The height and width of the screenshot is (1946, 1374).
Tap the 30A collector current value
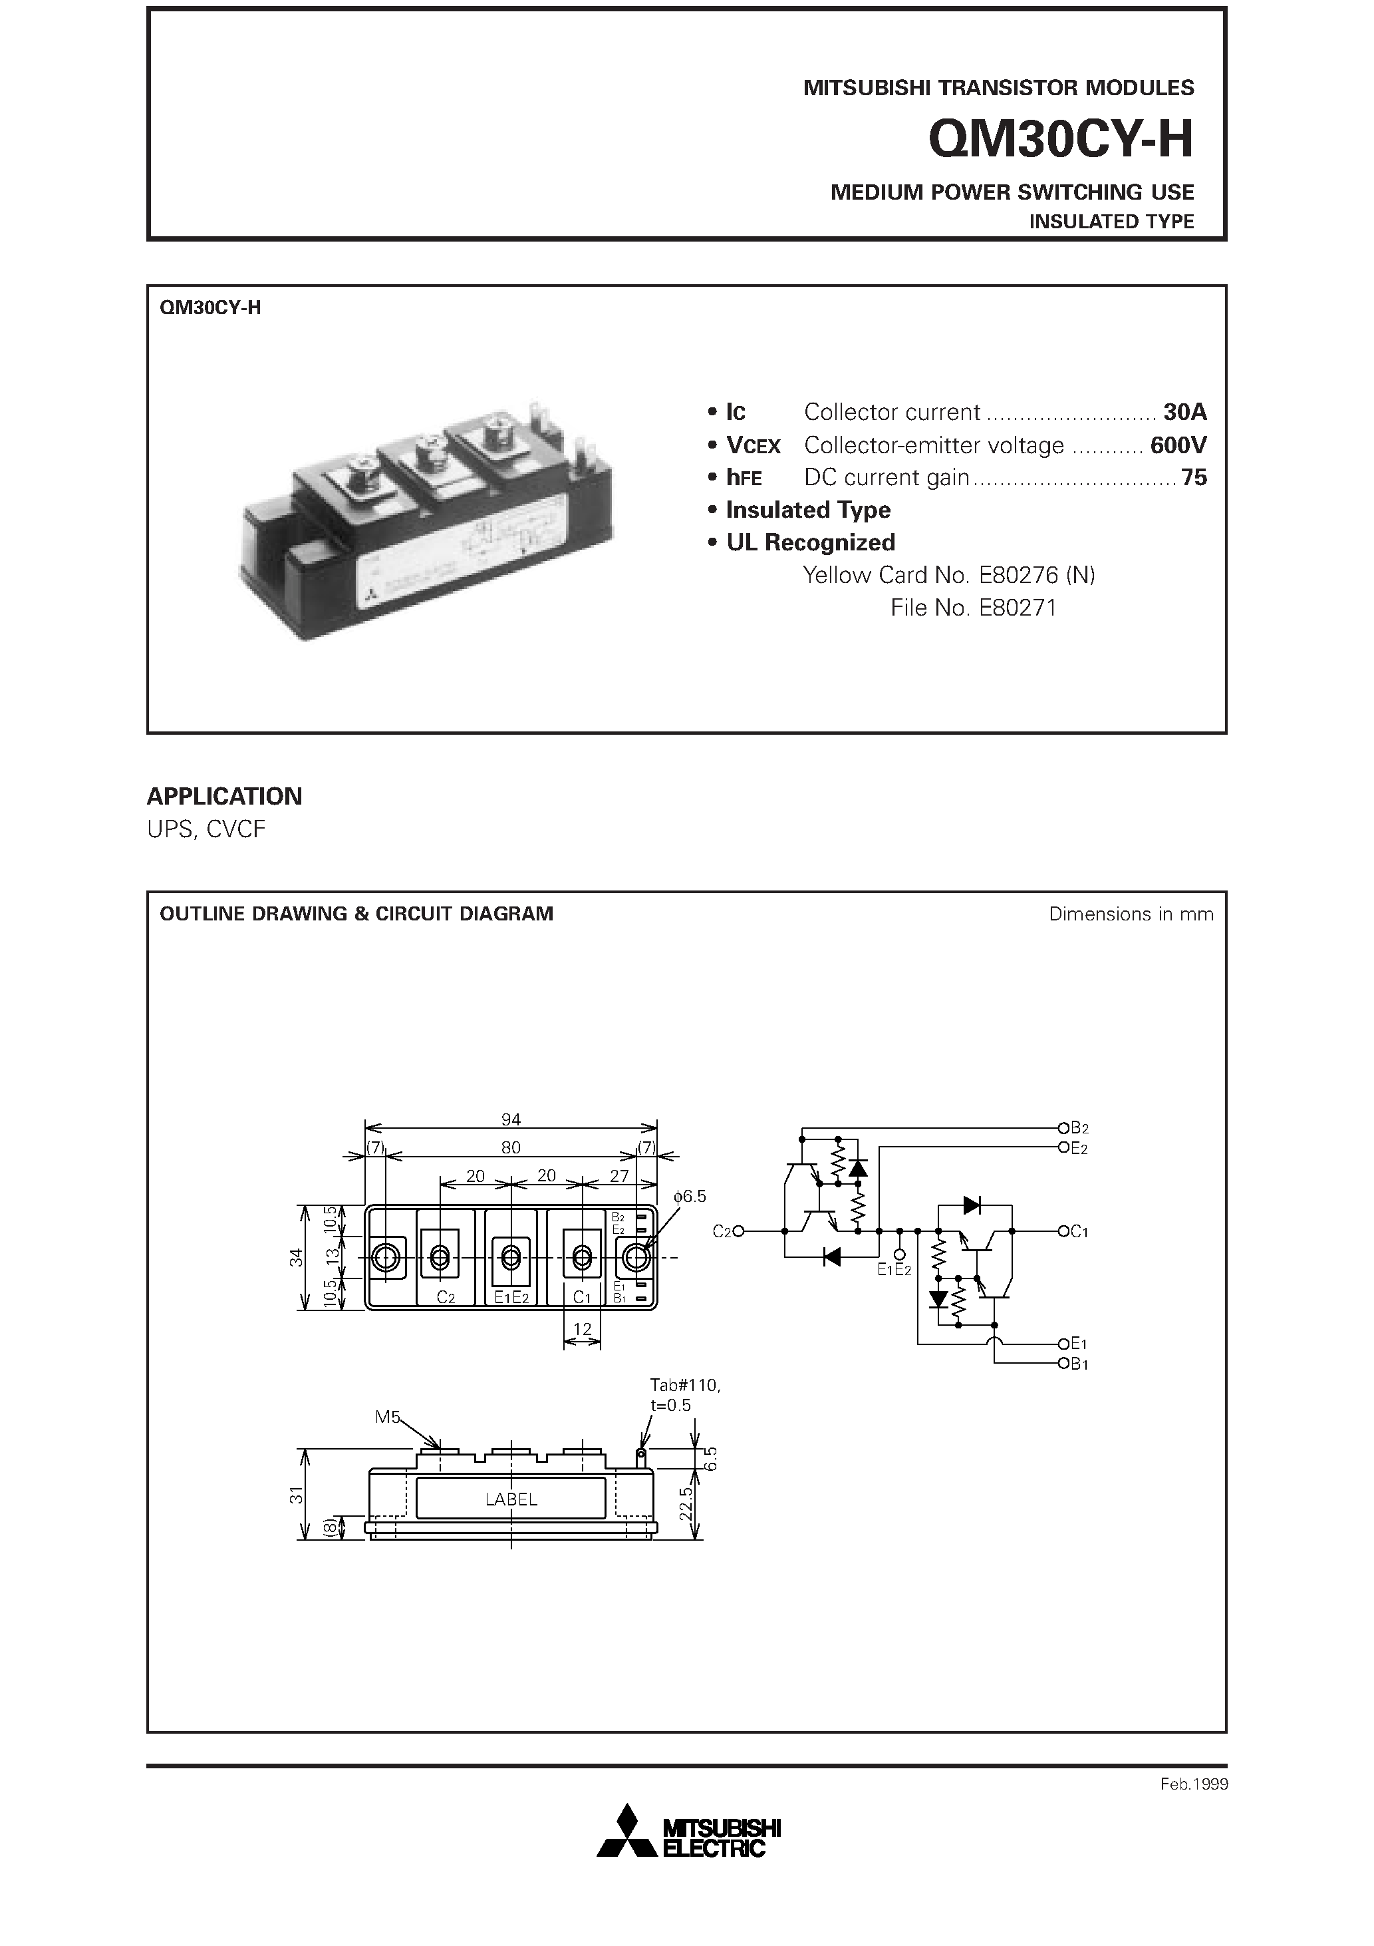(1184, 413)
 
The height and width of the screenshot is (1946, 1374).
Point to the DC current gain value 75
(1194, 478)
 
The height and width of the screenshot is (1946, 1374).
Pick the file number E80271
(1016, 608)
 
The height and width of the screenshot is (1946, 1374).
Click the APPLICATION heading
(225, 796)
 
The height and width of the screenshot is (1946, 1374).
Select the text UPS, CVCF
(206, 829)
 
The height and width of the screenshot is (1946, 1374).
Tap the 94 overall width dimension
(511, 1119)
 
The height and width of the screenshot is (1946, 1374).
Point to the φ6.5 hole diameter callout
(690, 1196)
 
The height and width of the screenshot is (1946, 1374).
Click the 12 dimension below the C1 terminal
(582, 1329)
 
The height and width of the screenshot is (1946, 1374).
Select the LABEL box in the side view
(511, 1499)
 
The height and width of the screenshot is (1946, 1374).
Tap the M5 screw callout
(387, 1416)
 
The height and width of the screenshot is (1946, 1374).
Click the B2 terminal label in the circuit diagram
(1078, 1128)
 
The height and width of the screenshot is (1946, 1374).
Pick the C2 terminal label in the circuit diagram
(722, 1231)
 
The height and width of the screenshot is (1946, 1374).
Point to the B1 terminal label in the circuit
(1078, 1364)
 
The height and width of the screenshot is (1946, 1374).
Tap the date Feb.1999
(1194, 1784)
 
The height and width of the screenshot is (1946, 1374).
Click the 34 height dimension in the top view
(296, 1258)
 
